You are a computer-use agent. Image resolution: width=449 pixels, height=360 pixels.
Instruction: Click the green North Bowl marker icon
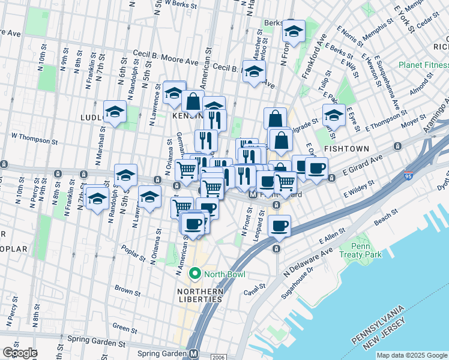[194, 275]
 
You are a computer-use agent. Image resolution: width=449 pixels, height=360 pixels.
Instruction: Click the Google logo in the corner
[20, 353]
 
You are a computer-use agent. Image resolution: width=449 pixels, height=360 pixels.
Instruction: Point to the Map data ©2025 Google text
[412, 355]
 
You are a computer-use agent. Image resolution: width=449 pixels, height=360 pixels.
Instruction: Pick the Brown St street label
[127, 291]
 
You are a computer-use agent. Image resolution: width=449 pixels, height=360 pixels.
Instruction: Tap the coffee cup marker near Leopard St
[279, 226]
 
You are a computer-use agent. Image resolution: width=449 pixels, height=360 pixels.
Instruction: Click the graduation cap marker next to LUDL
[115, 111]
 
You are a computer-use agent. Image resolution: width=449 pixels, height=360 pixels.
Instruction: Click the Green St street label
[125, 328]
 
